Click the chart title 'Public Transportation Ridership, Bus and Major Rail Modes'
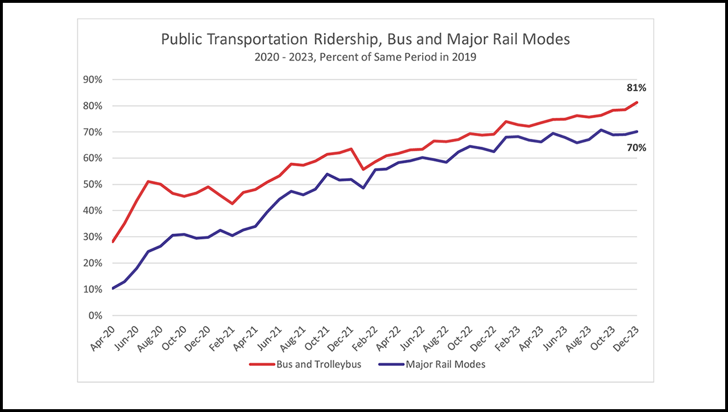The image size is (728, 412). pyautogui.click(x=365, y=39)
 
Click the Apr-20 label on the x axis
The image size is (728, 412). pyautogui.click(x=103, y=337)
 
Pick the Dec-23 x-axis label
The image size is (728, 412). pyautogui.click(x=627, y=337)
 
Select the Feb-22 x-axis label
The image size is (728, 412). pyautogui.click(x=365, y=337)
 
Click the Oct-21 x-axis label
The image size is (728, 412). pyautogui.click(x=317, y=337)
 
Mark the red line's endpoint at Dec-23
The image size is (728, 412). pyautogui.click(x=637, y=102)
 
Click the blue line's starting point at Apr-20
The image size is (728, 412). pyautogui.click(x=113, y=289)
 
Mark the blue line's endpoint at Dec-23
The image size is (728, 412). pyautogui.click(x=637, y=131)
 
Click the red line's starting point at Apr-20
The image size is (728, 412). pyautogui.click(x=113, y=242)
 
